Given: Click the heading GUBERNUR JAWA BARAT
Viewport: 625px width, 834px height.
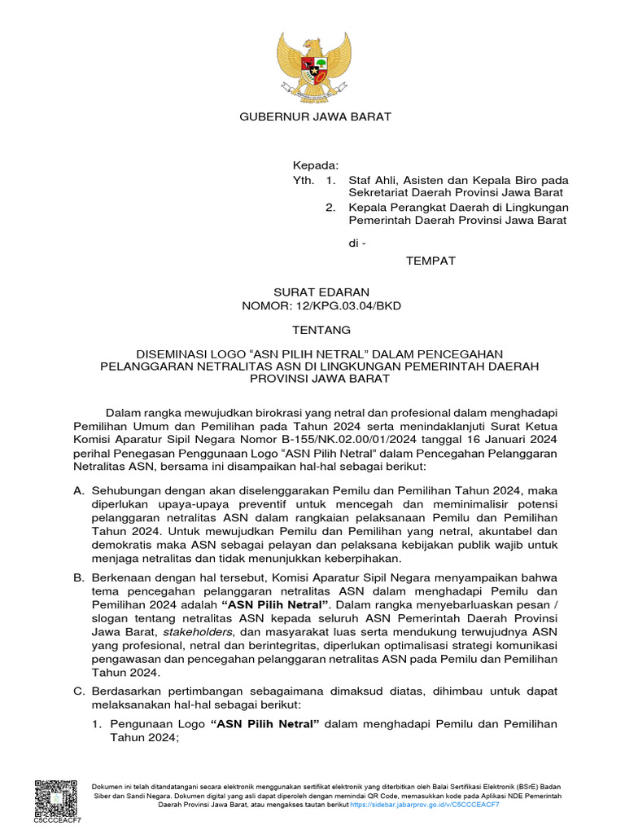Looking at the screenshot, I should [314, 116].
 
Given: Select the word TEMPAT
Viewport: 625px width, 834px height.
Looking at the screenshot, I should [431, 261].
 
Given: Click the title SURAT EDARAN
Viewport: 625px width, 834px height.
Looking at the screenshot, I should [321, 292].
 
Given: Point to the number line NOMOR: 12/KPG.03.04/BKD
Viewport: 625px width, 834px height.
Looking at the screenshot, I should [321, 306].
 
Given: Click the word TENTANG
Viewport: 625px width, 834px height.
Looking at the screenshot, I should [321, 330].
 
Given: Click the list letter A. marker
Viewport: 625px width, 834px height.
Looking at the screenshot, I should [79, 492].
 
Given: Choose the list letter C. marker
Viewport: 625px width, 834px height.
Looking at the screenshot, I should [79, 691].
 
